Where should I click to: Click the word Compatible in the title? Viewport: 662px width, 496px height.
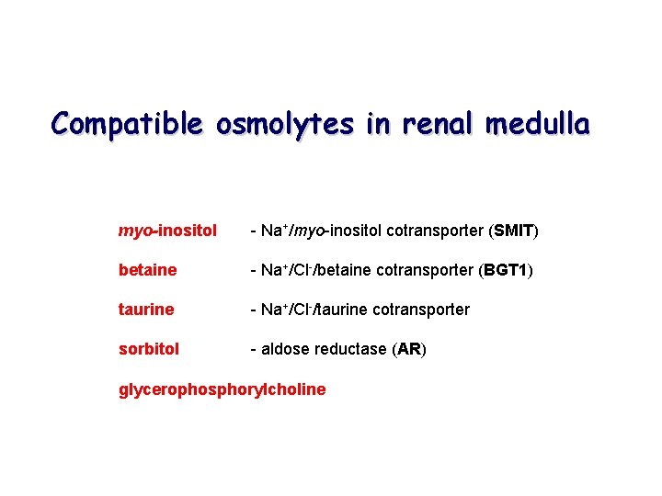tap(127, 123)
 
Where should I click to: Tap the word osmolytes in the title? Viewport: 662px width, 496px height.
tap(285, 123)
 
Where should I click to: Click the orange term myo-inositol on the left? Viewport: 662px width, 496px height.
tap(167, 231)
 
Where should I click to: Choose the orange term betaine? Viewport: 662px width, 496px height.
tap(147, 270)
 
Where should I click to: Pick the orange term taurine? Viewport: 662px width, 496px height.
tap(146, 310)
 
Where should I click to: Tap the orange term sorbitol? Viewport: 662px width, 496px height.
tap(149, 349)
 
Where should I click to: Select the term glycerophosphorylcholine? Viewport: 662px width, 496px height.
tap(222, 389)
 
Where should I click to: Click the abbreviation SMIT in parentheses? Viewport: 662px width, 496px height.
tap(513, 231)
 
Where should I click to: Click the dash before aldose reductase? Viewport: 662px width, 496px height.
tap(253, 349)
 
